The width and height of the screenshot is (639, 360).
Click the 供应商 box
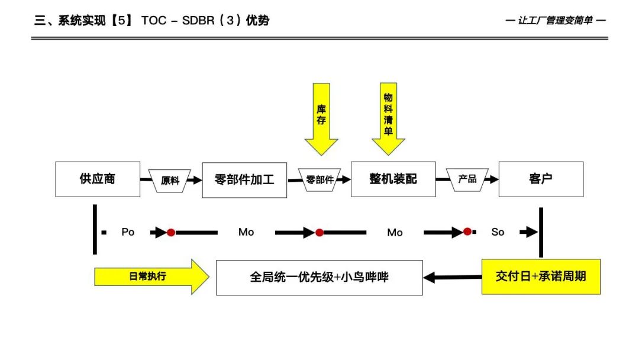click(98, 179)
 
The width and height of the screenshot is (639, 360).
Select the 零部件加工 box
click(244, 179)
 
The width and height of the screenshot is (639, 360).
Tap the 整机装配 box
click(393, 179)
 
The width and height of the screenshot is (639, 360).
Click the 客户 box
click(541, 179)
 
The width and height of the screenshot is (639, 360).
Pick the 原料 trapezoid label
click(170, 180)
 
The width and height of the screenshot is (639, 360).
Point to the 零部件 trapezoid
click(319, 179)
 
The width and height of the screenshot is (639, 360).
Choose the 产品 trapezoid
click(467, 178)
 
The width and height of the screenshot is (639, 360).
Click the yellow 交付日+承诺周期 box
click(541, 277)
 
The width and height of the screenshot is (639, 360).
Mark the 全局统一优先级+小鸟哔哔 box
click(319, 277)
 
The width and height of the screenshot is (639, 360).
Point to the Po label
click(128, 232)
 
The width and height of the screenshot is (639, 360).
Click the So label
click(498, 232)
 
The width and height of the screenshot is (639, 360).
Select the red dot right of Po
click(171, 233)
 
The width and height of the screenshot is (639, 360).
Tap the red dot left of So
click(467, 232)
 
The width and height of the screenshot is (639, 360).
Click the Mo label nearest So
click(395, 233)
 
